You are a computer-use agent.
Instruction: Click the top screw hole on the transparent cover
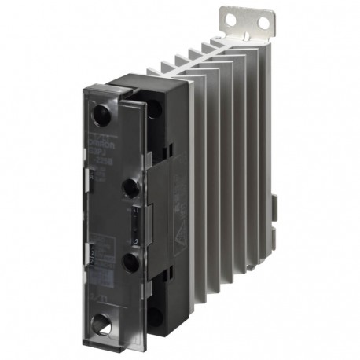click(101, 115)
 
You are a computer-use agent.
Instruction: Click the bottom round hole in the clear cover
click(101, 321)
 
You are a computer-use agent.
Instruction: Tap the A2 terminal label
click(135, 242)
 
